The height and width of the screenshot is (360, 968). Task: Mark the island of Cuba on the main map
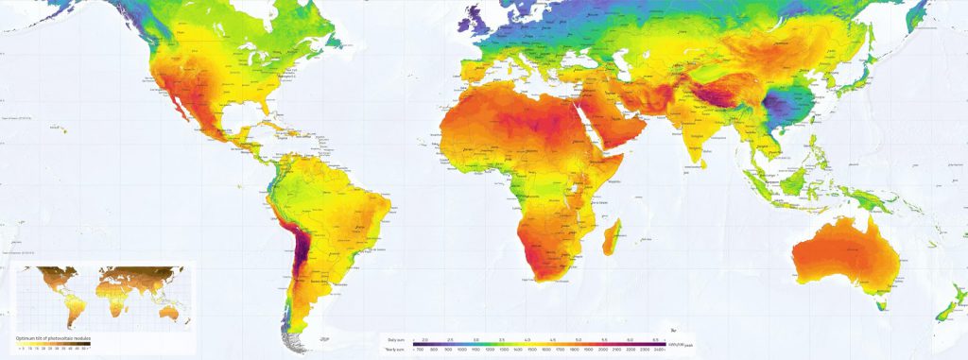[x=267, y=124]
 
